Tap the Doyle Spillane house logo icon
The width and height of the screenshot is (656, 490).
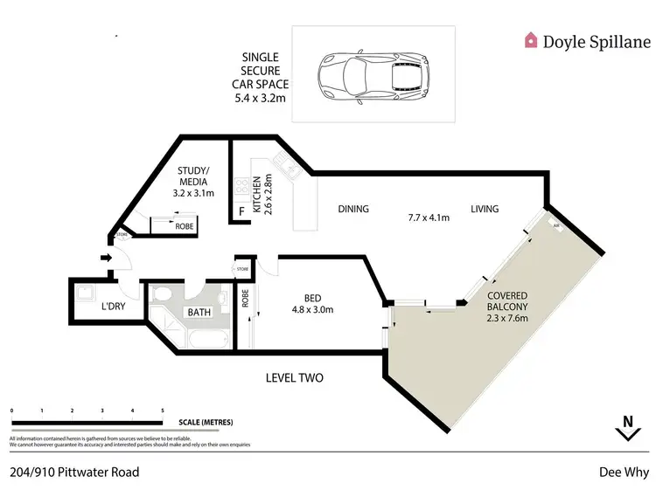click(x=531, y=40)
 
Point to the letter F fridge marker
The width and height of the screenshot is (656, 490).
click(x=241, y=211)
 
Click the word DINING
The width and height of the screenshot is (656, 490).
click(x=353, y=209)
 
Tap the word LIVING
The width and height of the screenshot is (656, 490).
click(x=485, y=209)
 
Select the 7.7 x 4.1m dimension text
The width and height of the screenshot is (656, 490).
click(x=428, y=217)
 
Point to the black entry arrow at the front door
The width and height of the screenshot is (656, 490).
click(x=106, y=258)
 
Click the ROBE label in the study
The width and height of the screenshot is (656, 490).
click(x=184, y=226)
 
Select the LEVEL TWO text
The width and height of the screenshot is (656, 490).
click(x=295, y=378)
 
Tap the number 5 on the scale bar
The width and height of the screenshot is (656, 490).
click(x=162, y=410)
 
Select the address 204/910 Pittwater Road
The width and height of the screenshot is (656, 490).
click(x=74, y=472)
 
